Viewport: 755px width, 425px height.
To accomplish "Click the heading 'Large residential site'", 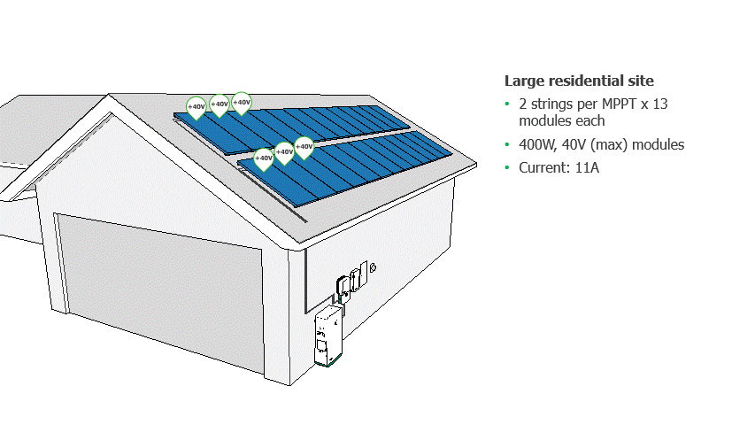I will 579,81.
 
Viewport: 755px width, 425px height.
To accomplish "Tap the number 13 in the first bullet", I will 659,104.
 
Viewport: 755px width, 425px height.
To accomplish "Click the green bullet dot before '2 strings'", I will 507,104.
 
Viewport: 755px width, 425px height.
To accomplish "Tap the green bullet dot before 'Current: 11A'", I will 507,167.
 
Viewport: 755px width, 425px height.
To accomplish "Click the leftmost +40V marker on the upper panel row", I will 196,107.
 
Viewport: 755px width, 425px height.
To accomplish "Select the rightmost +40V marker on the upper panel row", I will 241,102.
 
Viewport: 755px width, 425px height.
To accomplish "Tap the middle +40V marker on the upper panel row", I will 219,104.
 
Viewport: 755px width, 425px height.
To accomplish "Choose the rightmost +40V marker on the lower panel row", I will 304,147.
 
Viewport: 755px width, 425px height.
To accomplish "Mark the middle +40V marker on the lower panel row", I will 284,152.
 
